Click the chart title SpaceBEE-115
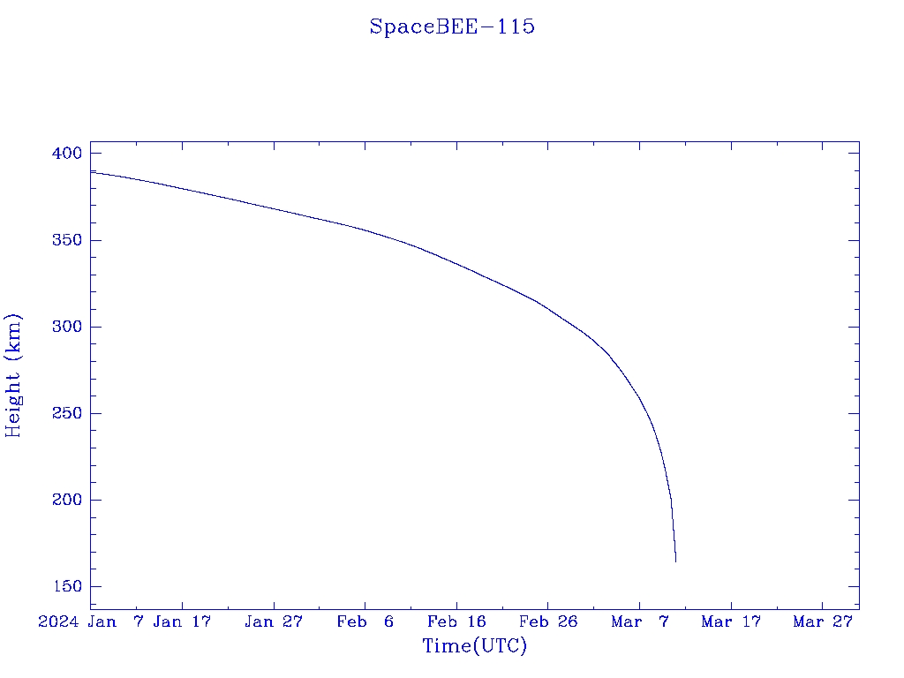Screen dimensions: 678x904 tap(452, 26)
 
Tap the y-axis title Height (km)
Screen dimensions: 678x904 tap(13, 375)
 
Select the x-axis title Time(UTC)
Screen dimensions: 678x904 tap(474, 646)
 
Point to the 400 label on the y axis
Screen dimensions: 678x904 tap(66, 154)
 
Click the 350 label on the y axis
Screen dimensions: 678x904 tap(66, 240)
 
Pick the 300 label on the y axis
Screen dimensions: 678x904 tap(66, 327)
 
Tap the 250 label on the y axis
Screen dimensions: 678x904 tap(66, 413)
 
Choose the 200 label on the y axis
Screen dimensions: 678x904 tap(66, 500)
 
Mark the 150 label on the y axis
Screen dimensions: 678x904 tap(66, 586)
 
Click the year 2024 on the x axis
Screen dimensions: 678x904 tap(59, 621)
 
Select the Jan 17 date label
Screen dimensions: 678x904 tap(182, 621)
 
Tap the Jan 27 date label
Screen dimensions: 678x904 tap(274, 621)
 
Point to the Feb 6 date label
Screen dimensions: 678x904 tap(365, 621)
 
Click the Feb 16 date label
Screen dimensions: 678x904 tap(456, 621)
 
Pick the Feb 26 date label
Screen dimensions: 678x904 tap(548, 621)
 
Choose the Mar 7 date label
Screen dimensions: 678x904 tap(640, 621)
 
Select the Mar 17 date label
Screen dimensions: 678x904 tap(731, 621)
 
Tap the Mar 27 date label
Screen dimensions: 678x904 tap(823, 621)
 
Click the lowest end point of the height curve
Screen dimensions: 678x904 tap(675, 561)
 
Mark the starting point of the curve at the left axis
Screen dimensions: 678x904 tap(92, 171)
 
